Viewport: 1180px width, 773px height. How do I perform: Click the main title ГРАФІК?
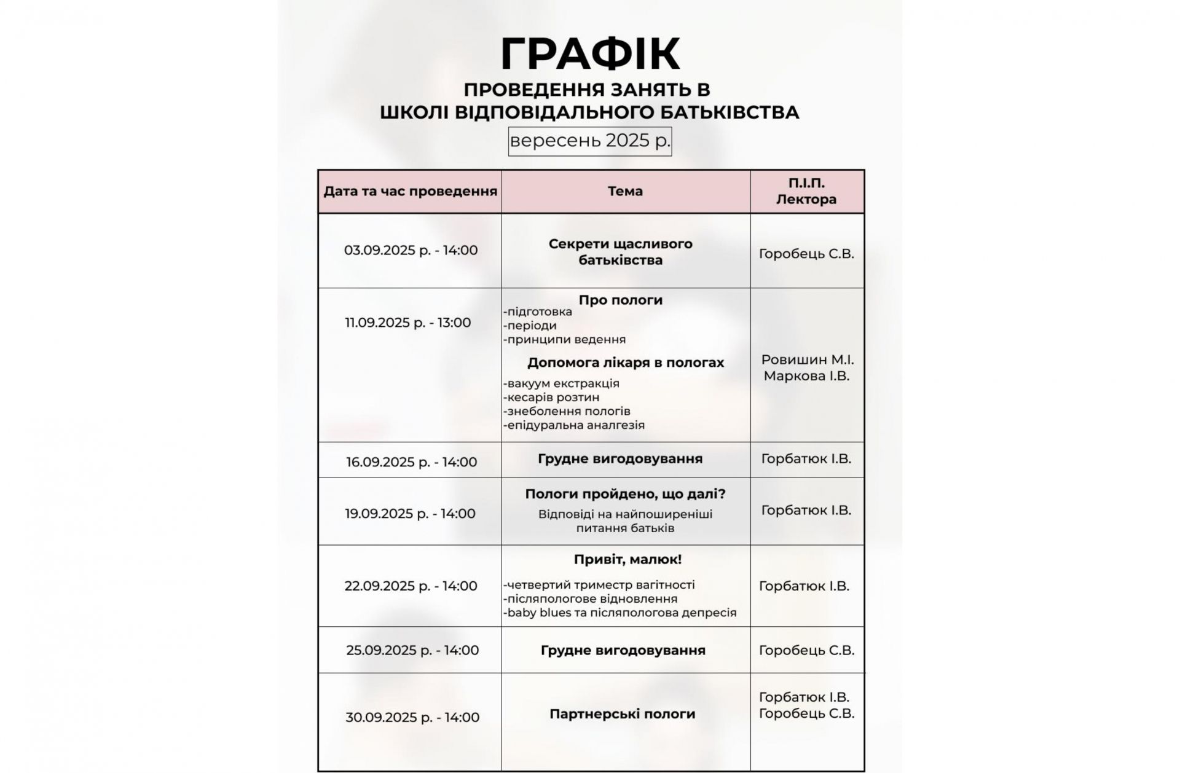click(x=590, y=54)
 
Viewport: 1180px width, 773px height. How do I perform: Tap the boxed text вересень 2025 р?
click(x=590, y=141)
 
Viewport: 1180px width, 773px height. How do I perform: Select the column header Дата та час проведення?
click(x=410, y=191)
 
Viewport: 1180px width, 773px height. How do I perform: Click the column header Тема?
click(x=625, y=191)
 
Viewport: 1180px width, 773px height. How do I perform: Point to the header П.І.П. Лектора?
click(x=806, y=191)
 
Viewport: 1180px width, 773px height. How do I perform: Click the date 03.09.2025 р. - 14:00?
click(x=411, y=250)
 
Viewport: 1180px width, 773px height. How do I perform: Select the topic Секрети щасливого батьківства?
click(x=621, y=251)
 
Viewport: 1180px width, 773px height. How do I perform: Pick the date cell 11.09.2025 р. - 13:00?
click(x=408, y=323)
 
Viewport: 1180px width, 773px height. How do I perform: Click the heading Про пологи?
click(x=621, y=300)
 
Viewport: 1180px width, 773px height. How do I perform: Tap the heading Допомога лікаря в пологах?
click(x=626, y=363)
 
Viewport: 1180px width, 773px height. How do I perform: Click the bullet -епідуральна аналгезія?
click(x=574, y=425)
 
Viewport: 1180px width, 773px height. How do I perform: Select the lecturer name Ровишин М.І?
click(x=808, y=359)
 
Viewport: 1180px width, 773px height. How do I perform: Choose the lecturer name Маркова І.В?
click(x=806, y=375)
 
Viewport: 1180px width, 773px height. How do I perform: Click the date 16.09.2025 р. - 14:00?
click(x=411, y=461)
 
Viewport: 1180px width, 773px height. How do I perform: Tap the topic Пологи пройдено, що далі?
click(x=625, y=494)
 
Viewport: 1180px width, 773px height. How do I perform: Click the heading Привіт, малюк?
click(x=627, y=559)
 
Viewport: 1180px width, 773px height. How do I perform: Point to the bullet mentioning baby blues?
click(x=619, y=613)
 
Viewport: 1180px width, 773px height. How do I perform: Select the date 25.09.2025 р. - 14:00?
click(x=412, y=650)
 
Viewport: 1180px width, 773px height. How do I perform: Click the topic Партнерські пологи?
click(x=623, y=714)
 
